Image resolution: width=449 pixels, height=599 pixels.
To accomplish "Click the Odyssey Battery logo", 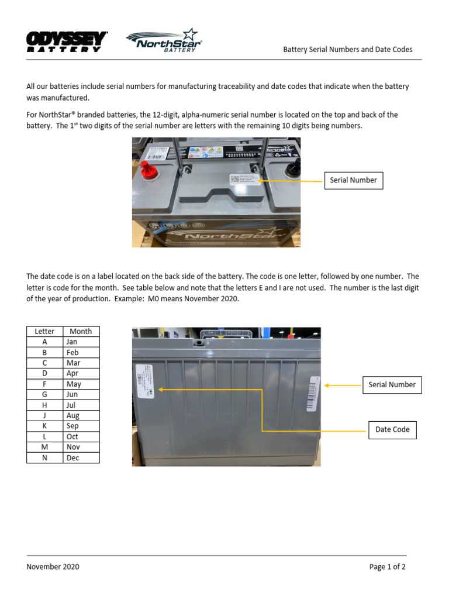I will point(67,42).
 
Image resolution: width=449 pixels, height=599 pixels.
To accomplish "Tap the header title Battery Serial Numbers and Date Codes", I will point(347,50).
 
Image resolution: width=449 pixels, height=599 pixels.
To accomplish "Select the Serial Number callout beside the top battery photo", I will point(353,180).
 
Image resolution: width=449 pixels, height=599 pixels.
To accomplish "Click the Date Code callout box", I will point(392,429).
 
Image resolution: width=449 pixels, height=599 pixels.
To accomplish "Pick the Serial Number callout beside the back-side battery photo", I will point(392,384).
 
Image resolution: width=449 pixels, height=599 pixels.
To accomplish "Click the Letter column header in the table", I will point(44,331).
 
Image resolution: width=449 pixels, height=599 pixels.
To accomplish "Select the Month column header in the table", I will point(81,331).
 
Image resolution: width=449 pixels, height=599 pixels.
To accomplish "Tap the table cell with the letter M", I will point(44,447).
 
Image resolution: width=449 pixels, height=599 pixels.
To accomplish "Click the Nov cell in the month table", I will point(81,447).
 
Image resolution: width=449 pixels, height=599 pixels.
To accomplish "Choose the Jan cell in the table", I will point(81,342).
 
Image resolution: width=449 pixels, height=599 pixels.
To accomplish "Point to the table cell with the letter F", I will point(44,384).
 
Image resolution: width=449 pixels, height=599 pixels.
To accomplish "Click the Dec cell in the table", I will point(81,457).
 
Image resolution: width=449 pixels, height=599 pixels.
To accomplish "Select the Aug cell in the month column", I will point(81,415).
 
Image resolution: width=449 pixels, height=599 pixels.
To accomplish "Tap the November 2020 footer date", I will point(53,566).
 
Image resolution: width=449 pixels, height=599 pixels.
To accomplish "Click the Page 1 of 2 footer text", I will point(387,566).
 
